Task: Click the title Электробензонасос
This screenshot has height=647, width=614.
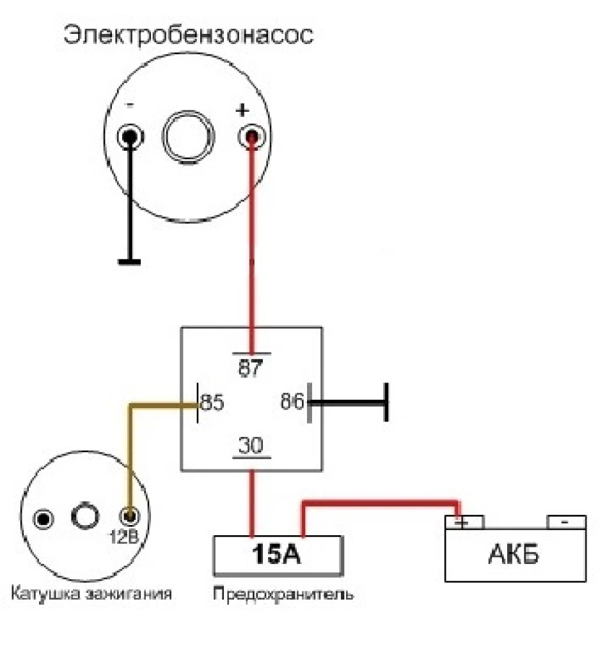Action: pyautogui.click(x=189, y=36)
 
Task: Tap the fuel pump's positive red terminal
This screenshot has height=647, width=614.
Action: pyautogui.click(x=251, y=137)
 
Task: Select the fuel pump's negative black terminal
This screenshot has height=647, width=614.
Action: pyautogui.click(x=130, y=137)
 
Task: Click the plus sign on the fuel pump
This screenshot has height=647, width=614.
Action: pyautogui.click(x=242, y=110)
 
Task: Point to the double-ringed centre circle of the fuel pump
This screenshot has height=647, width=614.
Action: pyautogui.click(x=189, y=137)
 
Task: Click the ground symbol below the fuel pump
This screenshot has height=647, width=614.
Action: pyautogui.click(x=129, y=262)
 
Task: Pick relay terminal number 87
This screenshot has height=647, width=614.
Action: pyautogui.click(x=251, y=368)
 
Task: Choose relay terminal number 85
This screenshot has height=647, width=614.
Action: pyautogui.click(x=212, y=402)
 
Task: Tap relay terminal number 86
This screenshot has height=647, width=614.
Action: pyautogui.click(x=292, y=402)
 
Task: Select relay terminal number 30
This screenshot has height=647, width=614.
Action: pyautogui.click(x=251, y=445)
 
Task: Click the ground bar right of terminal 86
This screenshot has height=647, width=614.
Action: pyautogui.click(x=386, y=402)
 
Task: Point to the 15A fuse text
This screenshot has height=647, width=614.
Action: pyautogui.click(x=276, y=554)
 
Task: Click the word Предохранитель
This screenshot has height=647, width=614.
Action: pyautogui.click(x=283, y=594)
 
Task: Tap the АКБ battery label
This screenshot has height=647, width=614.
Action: pyautogui.click(x=514, y=554)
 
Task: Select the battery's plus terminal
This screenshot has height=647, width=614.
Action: pyautogui.click(x=464, y=522)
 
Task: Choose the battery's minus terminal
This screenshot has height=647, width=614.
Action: pyautogui.click(x=566, y=522)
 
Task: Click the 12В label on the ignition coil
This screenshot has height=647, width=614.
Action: pyautogui.click(x=123, y=537)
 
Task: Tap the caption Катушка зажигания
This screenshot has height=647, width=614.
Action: pyautogui.click(x=91, y=594)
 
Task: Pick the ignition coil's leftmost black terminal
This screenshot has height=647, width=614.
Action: pyautogui.click(x=43, y=519)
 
